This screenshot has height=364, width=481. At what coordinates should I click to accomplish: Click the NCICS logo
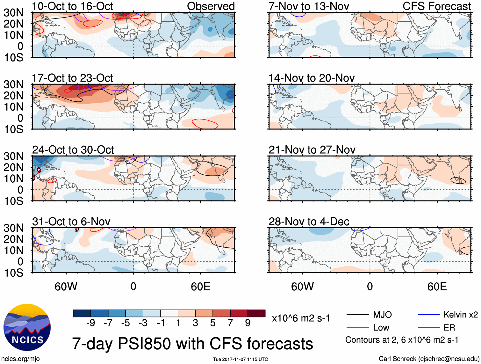(x=27, y=327)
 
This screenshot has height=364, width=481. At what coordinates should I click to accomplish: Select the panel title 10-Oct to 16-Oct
(x=72, y=6)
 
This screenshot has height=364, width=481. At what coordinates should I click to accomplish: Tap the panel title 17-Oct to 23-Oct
(x=72, y=78)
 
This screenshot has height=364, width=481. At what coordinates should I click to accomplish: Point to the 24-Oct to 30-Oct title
(x=73, y=149)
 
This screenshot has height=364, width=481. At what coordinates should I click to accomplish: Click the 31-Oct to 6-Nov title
(x=71, y=221)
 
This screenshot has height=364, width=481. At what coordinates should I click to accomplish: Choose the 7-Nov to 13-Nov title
(x=309, y=6)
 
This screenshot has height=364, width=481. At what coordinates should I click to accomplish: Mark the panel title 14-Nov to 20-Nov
(x=311, y=78)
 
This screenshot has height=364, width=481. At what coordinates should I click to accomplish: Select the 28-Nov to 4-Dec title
(x=309, y=221)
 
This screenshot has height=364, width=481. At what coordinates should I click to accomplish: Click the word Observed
(x=211, y=6)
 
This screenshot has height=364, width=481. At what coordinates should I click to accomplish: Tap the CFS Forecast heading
(x=436, y=6)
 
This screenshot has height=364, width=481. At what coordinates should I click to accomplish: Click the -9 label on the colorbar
(x=90, y=323)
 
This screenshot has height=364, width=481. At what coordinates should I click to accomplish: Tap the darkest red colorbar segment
(x=256, y=313)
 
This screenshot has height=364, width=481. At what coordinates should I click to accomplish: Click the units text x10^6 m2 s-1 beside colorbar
(x=301, y=318)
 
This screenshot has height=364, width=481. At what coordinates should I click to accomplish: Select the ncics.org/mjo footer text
(x=20, y=359)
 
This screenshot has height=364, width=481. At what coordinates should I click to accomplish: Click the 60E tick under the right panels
(x=437, y=287)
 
